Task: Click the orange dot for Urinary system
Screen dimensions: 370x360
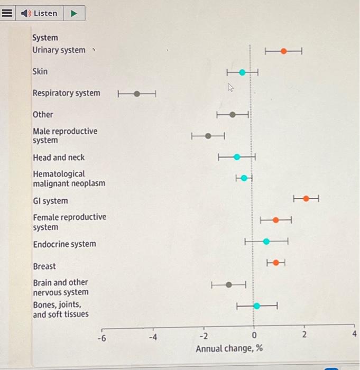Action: click(x=284, y=51)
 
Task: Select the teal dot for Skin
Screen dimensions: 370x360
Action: click(x=242, y=72)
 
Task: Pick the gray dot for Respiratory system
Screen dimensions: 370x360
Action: click(x=137, y=94)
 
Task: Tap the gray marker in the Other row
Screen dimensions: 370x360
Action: click(x=233, y=115)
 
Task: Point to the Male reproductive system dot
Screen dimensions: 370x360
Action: click(x=208, y=136)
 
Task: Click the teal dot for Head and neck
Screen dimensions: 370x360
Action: click(x=237, y=156)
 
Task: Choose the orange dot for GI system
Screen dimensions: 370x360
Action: click(x=306, y=198)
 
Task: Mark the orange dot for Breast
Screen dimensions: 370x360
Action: click(x=275, y=262)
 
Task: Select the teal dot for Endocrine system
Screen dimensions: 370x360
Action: click(x=266, y=242)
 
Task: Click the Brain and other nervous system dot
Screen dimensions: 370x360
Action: click(x=229, y=284)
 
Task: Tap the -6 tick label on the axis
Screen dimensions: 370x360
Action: click(x=103, y=337)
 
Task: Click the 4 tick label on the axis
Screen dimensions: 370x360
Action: click(x=354, y=335)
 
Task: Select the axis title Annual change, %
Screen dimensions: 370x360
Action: click(x=229, y=349)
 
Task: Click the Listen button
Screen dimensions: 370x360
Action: click(x=40, y=13)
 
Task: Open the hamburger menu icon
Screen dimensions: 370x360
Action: click(x=7, y=13)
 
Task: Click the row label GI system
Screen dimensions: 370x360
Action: click(x=50, y=201)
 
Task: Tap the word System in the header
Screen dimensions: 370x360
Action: click(x=45, y=38)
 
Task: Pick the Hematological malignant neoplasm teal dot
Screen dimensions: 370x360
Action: click(x=244, y=178)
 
